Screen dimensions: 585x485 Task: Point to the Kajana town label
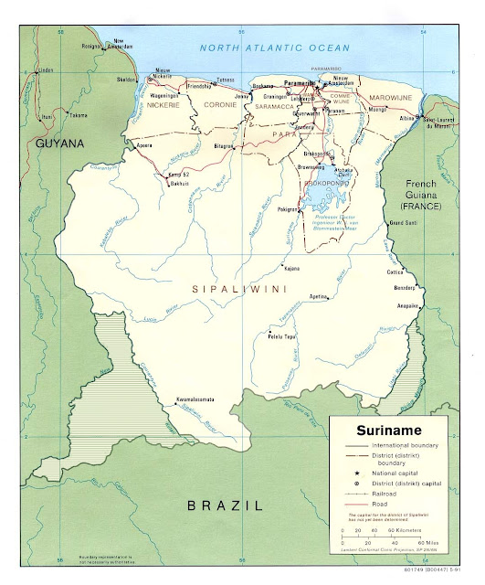pos(291,269)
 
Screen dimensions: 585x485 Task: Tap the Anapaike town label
pos(406,305)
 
